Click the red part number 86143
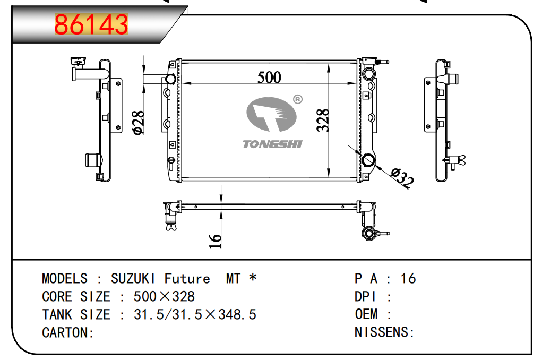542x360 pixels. (91, 24)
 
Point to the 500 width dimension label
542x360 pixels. (269, 77)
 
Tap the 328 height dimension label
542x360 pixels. (323, 120)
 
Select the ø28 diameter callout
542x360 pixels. (138, 123)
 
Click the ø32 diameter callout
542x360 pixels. (402, 177)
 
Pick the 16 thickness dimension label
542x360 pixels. (215, 241)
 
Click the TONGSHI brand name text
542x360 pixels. (272, 144)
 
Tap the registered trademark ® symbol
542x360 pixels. (298, 100)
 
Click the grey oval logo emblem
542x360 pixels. (271, 115)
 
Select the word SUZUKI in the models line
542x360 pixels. (133, 278)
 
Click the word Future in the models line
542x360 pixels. (187, 278)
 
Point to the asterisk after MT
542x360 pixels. (253, 277)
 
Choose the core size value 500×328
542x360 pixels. (164, 296)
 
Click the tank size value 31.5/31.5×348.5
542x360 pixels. (195, 314)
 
